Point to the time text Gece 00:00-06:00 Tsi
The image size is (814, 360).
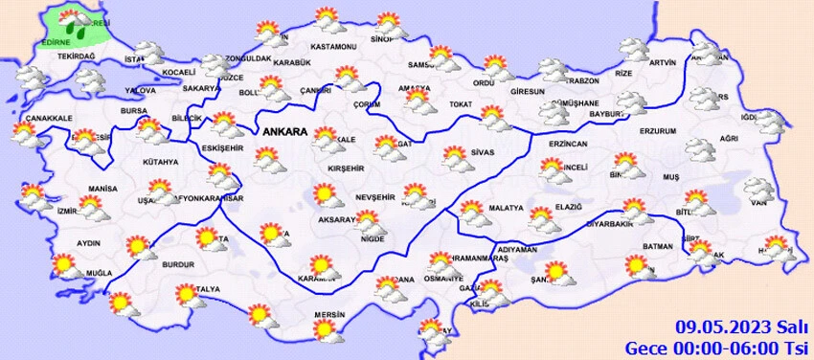pos(718,346)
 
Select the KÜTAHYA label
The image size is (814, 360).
pos(159,162)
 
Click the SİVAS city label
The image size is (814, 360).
pos(482,152)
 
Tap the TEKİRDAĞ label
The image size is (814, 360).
pos(78,57)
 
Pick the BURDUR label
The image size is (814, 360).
pos(178,263)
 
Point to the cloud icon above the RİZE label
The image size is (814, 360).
pos(633,49)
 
